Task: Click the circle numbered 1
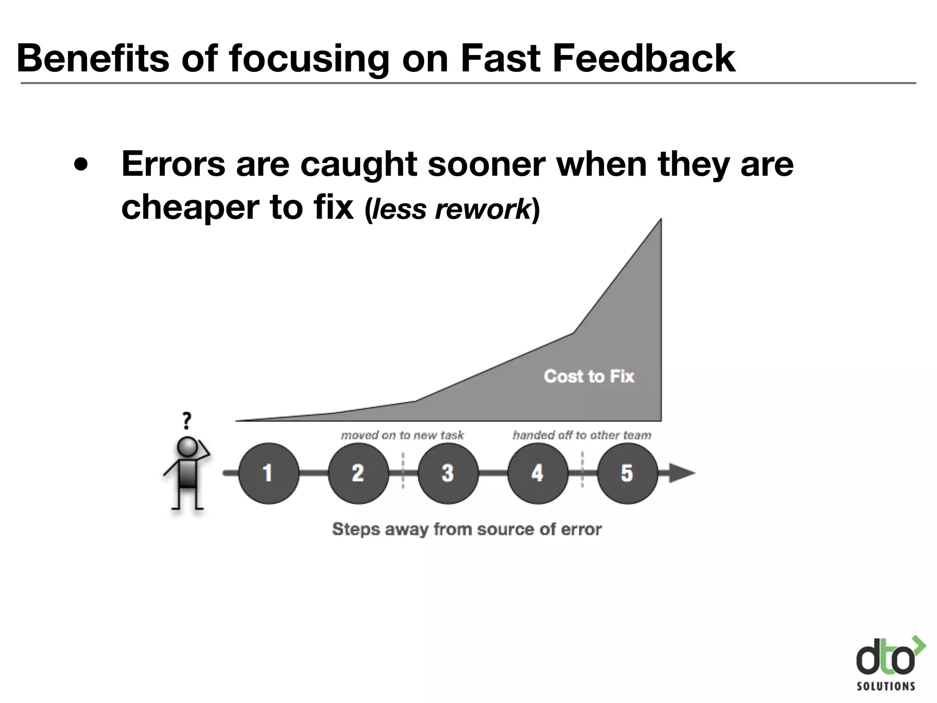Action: [269, 473]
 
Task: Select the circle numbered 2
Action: [358, 473]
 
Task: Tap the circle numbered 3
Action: [448, 473]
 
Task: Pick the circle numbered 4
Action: [538, 473]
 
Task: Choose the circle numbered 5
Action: [627, 473]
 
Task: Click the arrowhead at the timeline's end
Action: [682, 473]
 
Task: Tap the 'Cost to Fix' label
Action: [589, 376]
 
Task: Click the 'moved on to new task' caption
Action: [402, 435]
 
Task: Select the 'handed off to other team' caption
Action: [582, 435]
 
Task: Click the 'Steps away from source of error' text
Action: [467, 529]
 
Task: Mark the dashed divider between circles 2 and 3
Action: [403, 470]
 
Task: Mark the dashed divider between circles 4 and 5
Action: [582, 470]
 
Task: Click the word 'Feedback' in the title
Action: [644, 58]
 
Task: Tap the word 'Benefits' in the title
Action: [92, 58]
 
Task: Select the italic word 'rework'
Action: [482, 209]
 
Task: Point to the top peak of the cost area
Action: [660, 221]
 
